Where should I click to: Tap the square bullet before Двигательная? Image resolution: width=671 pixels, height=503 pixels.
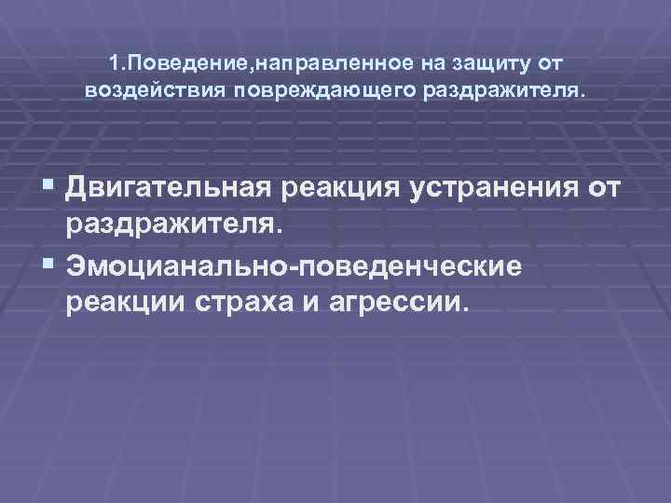pyautogui.click(x=50, y=189)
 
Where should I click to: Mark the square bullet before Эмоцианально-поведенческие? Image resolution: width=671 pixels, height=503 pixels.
pyautogui.click(x=50, y=265)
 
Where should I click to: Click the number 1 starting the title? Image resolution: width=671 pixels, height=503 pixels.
pyautogui.click(x=112, y=63)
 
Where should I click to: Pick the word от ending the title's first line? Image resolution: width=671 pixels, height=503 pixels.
pyautogui.click(x=551, y=63)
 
